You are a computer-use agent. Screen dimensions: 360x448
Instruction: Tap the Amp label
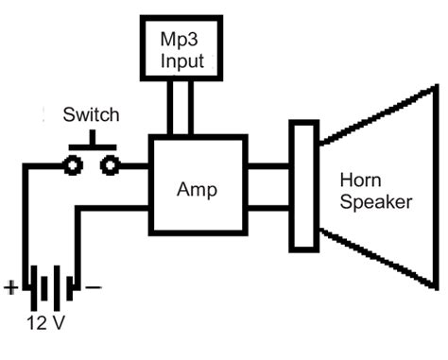pyautogui.click(x=197, y=189)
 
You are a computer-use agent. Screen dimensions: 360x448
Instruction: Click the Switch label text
pyautogui.click(x=91, y=115)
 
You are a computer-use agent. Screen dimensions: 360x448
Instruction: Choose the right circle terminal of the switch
pyautogui.click(x=110, y=166)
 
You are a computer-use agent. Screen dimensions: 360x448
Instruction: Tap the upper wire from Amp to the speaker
pyautogui.click(x=269, y=166)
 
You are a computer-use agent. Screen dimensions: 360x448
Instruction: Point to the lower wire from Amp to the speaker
pyautogui.click(x=269, y=207)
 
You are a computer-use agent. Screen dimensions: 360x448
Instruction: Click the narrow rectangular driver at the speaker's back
pyautogui.click(x=303, y=186)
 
